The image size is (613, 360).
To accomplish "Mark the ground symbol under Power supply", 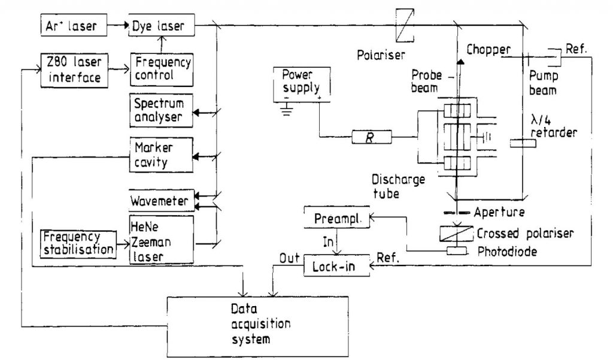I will point(287,111).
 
